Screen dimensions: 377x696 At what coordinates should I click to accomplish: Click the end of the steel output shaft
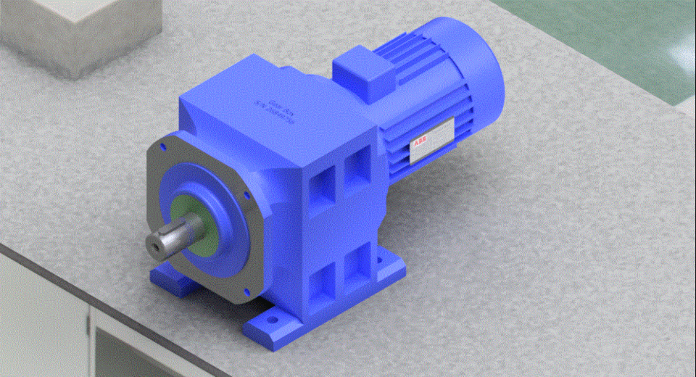pos(156,244)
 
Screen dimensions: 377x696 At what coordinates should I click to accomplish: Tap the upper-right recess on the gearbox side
pos(356,163)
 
